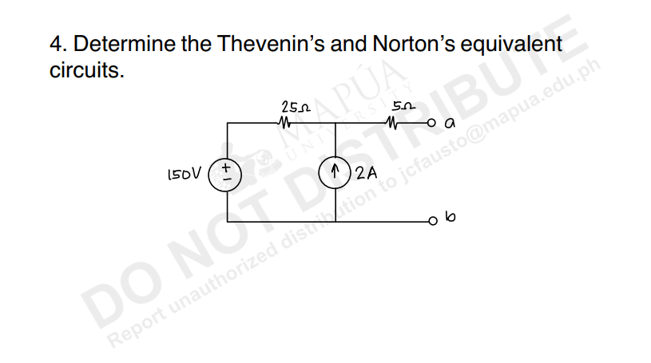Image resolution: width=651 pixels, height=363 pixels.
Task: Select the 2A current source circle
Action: [x=335, y=171]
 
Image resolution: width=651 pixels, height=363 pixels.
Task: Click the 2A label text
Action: [x=367, y=172]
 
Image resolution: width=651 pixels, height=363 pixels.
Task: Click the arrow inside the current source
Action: [x=335, y=171]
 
